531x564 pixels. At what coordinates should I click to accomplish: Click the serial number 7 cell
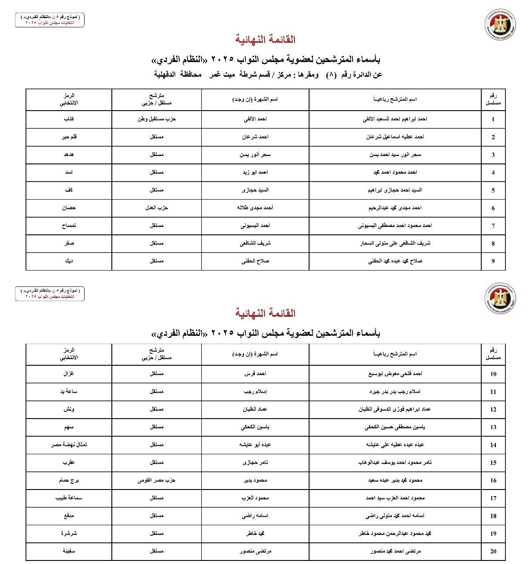coord(493,226)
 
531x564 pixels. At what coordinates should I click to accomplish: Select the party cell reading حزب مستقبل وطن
coord(156,119)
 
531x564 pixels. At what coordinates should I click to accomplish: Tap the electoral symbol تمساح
coord(69,226)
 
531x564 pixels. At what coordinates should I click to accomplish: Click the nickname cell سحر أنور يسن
coord(255,155)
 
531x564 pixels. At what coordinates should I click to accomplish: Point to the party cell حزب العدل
coord(156,208)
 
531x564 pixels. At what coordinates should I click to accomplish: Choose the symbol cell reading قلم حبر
coord(69,137)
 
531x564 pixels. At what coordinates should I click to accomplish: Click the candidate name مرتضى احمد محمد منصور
coord(395,551)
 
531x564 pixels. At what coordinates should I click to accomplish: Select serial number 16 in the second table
coord(493,480)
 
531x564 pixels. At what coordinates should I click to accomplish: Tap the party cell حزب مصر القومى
coord(156,480)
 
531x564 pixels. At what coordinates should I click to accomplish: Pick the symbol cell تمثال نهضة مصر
coord(69,445)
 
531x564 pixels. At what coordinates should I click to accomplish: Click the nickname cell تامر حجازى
coord(255,462)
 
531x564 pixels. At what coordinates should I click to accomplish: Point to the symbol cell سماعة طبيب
coord(69,497)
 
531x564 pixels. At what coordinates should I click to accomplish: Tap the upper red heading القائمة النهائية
coord(265,40)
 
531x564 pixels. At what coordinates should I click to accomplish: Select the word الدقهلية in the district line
coord(169,74)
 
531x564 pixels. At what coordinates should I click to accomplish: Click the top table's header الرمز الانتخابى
coord(69,99)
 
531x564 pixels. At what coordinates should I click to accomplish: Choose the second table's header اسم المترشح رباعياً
coord(395,354)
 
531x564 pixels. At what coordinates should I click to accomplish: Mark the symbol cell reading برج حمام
coord(69,480)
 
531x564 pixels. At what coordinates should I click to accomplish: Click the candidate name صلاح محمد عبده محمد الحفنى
coord(395,261)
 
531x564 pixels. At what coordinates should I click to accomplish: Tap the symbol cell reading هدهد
coord(69,155)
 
